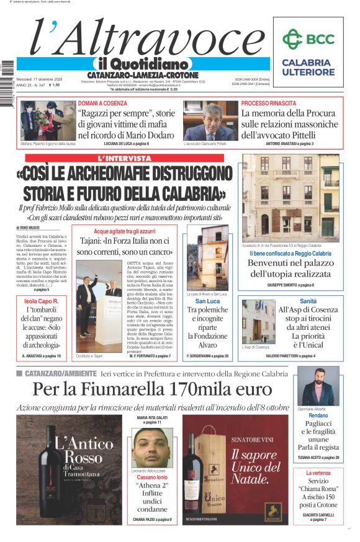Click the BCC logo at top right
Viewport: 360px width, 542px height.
(x=308, y=38)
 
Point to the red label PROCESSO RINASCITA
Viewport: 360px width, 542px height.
(x=268, y=104)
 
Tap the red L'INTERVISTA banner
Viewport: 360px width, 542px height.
(x=124, y=159)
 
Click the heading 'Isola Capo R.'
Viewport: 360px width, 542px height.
(x=41, y=300)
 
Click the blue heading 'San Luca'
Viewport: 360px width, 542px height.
(x=208, y=301)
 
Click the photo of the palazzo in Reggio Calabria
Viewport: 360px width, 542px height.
(x=290, y=198)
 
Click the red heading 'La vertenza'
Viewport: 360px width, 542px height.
(x=318, y=473)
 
